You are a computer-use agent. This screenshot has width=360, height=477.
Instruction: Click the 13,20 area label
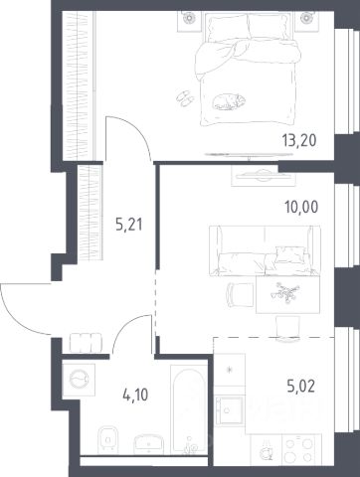(299, 140)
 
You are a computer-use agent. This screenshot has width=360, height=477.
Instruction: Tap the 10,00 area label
(301, 207)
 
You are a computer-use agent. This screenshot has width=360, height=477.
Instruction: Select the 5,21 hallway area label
(129, 225)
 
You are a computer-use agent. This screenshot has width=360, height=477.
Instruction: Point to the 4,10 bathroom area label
(134, 395)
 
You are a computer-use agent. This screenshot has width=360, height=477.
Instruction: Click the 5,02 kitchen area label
(300, 387)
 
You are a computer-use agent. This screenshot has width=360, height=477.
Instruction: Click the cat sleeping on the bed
(229, 101)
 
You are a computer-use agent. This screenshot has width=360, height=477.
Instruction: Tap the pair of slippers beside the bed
(185, 98)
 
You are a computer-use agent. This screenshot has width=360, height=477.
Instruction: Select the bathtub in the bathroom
(189, 409)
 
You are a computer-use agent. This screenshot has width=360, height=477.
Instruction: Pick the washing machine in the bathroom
(79, 380)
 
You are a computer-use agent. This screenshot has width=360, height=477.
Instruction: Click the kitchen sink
(230, 410)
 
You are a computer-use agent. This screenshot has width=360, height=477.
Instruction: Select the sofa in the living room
(265, 250)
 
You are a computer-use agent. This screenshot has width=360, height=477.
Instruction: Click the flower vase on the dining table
(284, 292)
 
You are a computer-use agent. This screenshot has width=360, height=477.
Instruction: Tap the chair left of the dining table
(240, 295)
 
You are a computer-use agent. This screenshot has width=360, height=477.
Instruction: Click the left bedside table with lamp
(189, 21)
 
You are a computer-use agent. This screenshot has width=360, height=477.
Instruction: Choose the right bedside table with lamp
(306, 21)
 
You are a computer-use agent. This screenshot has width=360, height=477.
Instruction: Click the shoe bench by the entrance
(86, 342)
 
